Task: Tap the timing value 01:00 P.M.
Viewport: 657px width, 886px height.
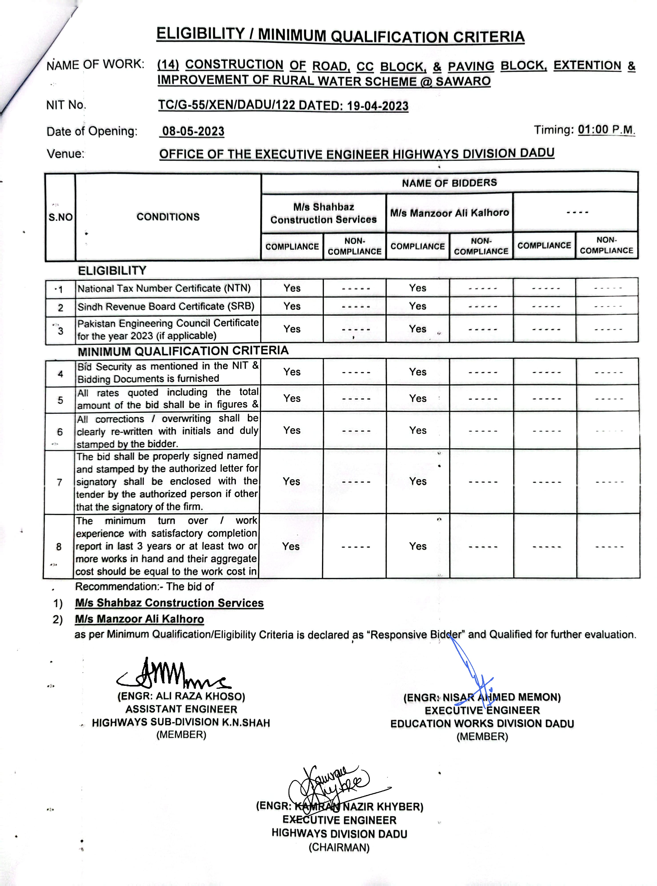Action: pyautogui.click(x=606, y=130)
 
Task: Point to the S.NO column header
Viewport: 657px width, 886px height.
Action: pyautogui.click(x=60, y=217)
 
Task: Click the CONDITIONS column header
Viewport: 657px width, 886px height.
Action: pyautogui.click(x=168, y=217)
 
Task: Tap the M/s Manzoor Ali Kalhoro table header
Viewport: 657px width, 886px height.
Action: pyautogui.click(x=449, y=213)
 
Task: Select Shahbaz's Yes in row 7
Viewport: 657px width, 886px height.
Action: pyautogui.click(x=292, y=481)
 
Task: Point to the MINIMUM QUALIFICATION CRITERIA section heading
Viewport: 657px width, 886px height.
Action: pyautogui.click(x=183, y=351)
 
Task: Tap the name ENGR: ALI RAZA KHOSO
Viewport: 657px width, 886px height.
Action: pyautogui.click(x=181, y=696)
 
